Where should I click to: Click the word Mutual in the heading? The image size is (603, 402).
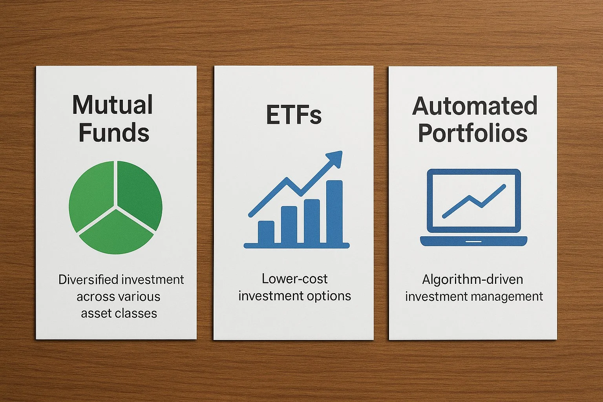pos(113,105)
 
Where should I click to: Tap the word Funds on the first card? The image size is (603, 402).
pos(114,133)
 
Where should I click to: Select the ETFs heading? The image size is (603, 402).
pos(294,115)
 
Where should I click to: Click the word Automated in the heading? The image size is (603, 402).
pos(475,106)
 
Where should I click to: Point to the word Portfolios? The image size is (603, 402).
pos(473,133)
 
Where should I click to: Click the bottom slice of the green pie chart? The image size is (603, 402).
pos(116,234)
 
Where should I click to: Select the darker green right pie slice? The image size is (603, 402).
pos(139,192)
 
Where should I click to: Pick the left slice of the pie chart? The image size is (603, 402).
pos(91,194)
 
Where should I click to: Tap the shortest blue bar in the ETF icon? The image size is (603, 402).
pos(266,232)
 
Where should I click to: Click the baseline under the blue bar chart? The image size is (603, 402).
pos(296,246)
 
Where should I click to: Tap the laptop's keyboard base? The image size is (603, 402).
pos(473,241)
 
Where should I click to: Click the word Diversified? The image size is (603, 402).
pos(88,280)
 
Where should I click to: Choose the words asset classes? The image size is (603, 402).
pos(119,313)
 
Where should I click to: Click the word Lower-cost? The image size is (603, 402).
pos(294,279)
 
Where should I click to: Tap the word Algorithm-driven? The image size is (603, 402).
pos(473,280)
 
